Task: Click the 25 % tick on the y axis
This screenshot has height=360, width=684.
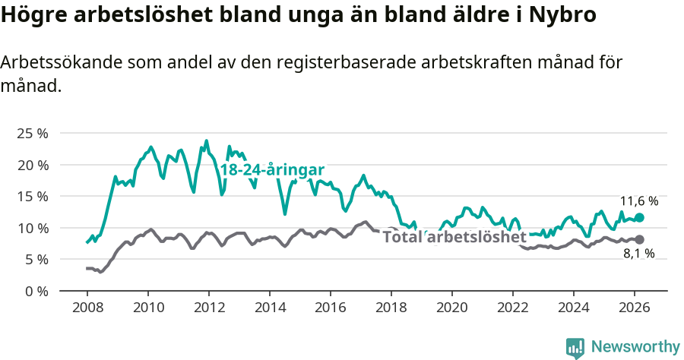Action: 33,133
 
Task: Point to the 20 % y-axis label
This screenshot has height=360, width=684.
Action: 33,165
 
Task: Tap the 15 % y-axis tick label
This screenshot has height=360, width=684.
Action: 33,196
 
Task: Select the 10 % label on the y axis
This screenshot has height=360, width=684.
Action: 33,228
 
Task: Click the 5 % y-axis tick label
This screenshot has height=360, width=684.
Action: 36,259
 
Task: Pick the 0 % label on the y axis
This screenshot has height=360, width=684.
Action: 36,291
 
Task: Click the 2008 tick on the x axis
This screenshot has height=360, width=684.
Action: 87,308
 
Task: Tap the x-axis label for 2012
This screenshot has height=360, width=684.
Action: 208,308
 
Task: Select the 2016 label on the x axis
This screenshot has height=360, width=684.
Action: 330,308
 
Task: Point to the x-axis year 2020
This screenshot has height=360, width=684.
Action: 451,308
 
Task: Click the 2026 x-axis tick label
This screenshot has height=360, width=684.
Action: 634,308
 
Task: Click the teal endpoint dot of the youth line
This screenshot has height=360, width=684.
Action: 639,217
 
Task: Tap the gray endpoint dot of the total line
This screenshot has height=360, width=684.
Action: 639,240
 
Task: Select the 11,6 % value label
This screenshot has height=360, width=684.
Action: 638,201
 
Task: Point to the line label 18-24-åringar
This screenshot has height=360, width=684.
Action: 272,170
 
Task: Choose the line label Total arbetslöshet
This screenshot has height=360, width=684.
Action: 454,237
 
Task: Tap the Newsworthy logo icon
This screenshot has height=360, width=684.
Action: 575,348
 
